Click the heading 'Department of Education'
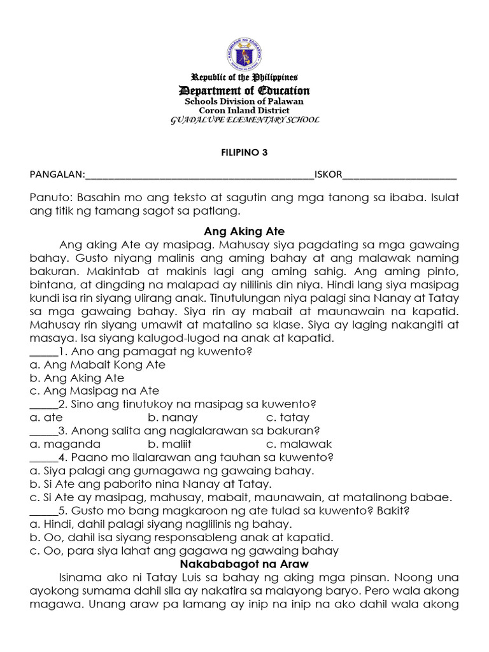244,90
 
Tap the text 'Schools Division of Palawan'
244,101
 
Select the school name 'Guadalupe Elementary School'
244,120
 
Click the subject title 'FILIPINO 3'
244,153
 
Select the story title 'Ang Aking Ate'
244,231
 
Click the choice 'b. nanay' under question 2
173,418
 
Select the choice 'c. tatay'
288,418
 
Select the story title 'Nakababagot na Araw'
244,564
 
